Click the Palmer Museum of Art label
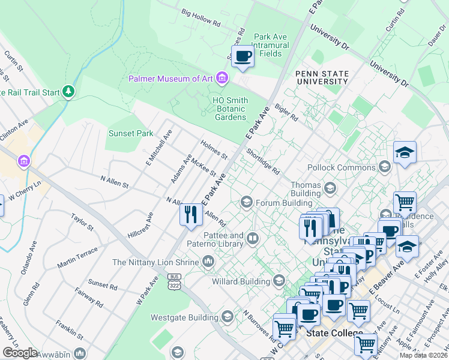click(x=171, y=79)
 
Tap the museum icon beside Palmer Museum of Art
click(x=223, y=78)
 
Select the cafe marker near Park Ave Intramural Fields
click(x=243, y=57)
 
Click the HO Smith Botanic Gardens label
click(x=230, y=109)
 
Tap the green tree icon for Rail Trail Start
click(x=70, y=91)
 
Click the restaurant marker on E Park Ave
click(x=191, y=214)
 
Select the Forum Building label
click(x=276, y=203)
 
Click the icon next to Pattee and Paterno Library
click(x=253, y=240)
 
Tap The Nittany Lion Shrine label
click(x=155, y=262)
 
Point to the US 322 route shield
click(x=174, y=280)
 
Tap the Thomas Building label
click(x=306, y=190)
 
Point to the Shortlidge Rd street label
click(x=262, y=163)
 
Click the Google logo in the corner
click(x=20, y=353)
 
